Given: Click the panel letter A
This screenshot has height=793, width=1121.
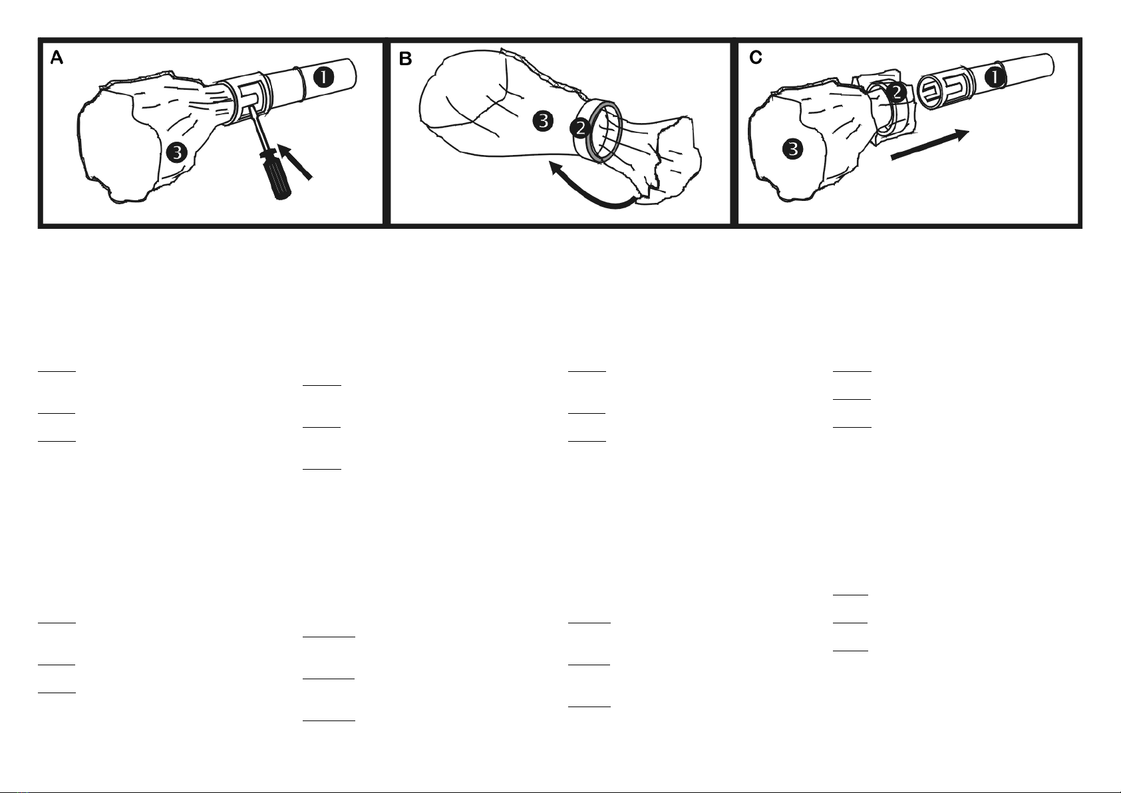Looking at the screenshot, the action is tap(57, 58).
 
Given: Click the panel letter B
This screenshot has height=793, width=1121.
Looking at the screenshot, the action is tap(405, 59).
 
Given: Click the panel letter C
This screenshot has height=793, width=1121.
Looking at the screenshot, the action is tap(756, 58).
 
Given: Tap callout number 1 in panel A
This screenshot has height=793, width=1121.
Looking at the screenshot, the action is tap(324, 78).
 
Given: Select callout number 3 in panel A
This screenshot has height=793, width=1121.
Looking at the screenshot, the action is tap(177, 152).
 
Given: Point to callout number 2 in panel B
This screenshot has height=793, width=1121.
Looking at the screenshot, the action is tap(580, 128).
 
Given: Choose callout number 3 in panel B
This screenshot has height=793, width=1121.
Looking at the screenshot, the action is tap(543, 121).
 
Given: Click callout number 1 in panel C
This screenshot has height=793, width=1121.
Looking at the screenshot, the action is tap(995, 78).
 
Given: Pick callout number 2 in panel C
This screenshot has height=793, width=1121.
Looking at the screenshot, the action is tap(897, 92).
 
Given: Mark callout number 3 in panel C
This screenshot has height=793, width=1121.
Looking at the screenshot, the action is tap(793, 149).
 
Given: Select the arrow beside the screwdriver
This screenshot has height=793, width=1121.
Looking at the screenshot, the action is tap(295, 161).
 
